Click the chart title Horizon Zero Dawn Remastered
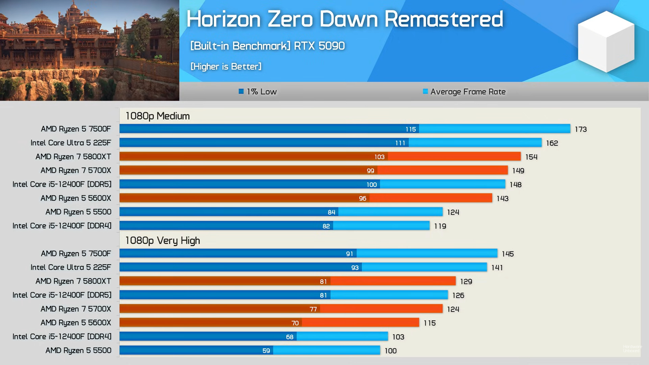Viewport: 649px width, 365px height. pos(344,19)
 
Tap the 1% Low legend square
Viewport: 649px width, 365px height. pos(241,91)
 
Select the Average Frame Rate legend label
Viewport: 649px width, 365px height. pos(468,92)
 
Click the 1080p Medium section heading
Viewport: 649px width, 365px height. pos(158,116)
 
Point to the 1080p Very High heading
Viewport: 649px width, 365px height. pos(163,241)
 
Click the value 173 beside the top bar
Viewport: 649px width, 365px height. pos(580,129)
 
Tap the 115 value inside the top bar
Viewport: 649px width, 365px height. pos(410,129)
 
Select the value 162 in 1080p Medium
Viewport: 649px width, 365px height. pos(552,143)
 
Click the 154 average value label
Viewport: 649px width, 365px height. pos(531,157)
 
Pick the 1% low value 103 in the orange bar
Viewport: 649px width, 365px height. pos(379,157)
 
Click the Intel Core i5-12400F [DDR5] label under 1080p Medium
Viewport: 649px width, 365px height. pos(62,184)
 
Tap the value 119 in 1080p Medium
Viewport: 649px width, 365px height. pos(440,226)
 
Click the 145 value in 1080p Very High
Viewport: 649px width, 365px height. pos(507,254)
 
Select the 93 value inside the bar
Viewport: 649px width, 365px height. pos(355,268)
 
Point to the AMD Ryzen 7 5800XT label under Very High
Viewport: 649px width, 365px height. pos(73,281)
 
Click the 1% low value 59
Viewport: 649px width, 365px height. pos(266,351)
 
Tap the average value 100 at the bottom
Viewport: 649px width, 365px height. pos(390,351)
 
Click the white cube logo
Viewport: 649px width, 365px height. pos(606,41)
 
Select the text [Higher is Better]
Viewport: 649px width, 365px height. pos(226,67)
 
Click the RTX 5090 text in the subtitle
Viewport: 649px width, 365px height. pos(319,46)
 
